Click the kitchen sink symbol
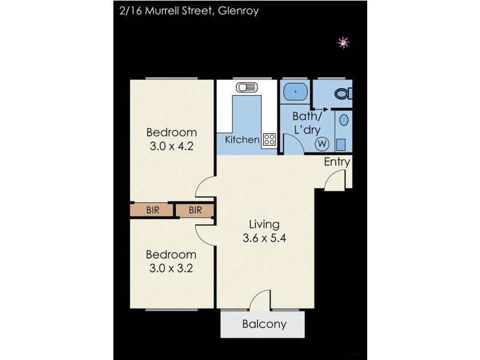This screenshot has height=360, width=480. point(247,88)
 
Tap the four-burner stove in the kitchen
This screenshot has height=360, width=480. point(269,140)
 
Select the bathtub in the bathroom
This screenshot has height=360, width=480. point(295,93)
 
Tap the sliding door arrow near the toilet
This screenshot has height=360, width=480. point(321,109)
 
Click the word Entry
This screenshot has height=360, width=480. point(337,162)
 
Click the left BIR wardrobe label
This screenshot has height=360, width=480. point(153,210)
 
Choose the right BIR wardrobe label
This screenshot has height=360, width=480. point(195,210)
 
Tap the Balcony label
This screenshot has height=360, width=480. point(264,325)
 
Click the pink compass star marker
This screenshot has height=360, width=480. point(343,41)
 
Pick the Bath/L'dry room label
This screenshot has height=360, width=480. point(306,123)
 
